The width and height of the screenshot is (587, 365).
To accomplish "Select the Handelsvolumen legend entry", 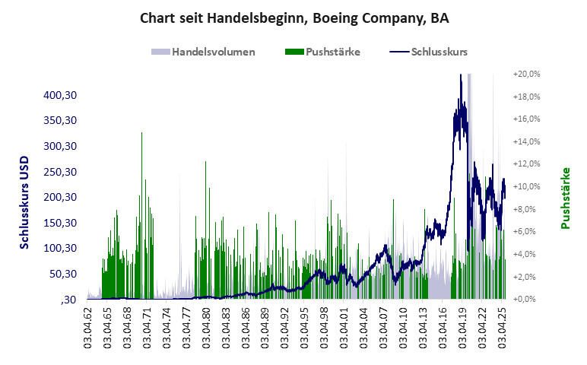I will (x=203, y=52).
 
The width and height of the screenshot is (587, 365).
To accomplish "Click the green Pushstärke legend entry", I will (x=322, y=52).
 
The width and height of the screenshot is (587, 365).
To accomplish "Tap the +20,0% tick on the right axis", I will (x=526, y=74).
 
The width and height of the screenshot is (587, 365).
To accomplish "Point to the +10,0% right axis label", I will (x=526, y=186).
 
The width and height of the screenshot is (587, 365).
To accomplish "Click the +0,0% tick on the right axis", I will (x=526, y=299).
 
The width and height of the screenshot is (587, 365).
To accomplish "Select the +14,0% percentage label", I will (x=526, y=141).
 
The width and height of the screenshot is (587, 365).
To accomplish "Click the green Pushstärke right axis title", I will (x=565, y=198).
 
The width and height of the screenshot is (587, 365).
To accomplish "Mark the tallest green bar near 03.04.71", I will (x=141, y=134).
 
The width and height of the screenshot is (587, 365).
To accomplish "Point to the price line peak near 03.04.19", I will (x=461, y=76).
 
